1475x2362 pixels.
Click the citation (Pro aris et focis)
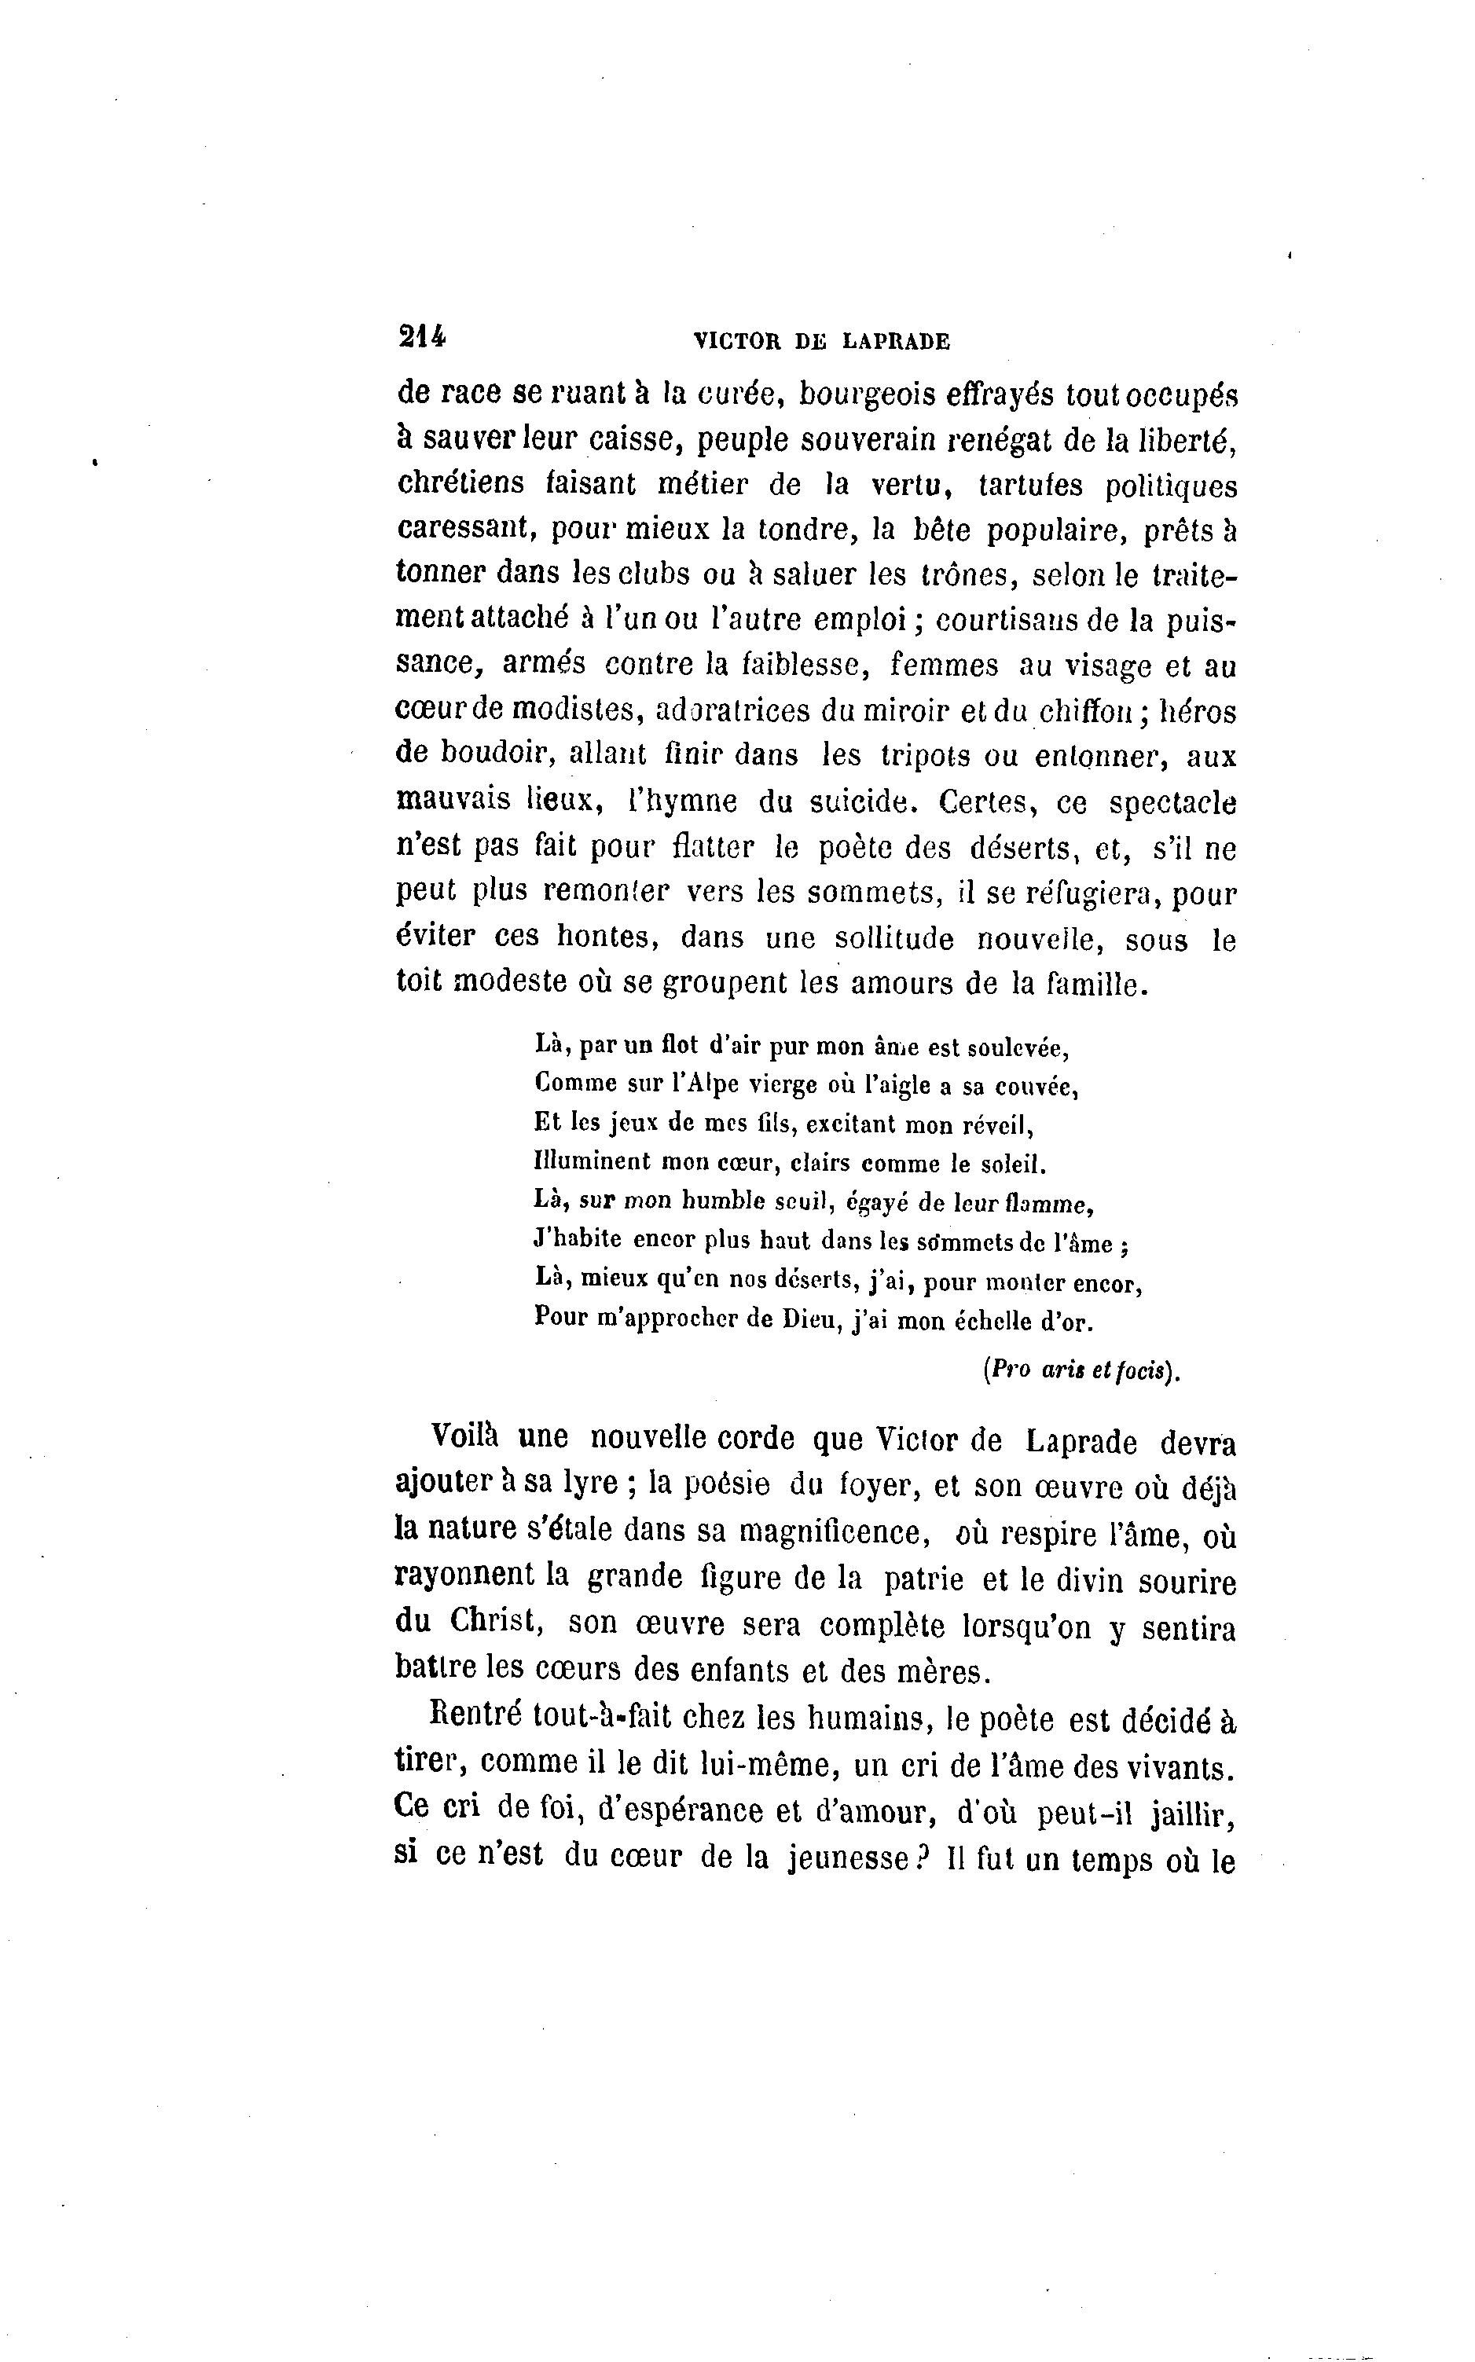[1080, 1370]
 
